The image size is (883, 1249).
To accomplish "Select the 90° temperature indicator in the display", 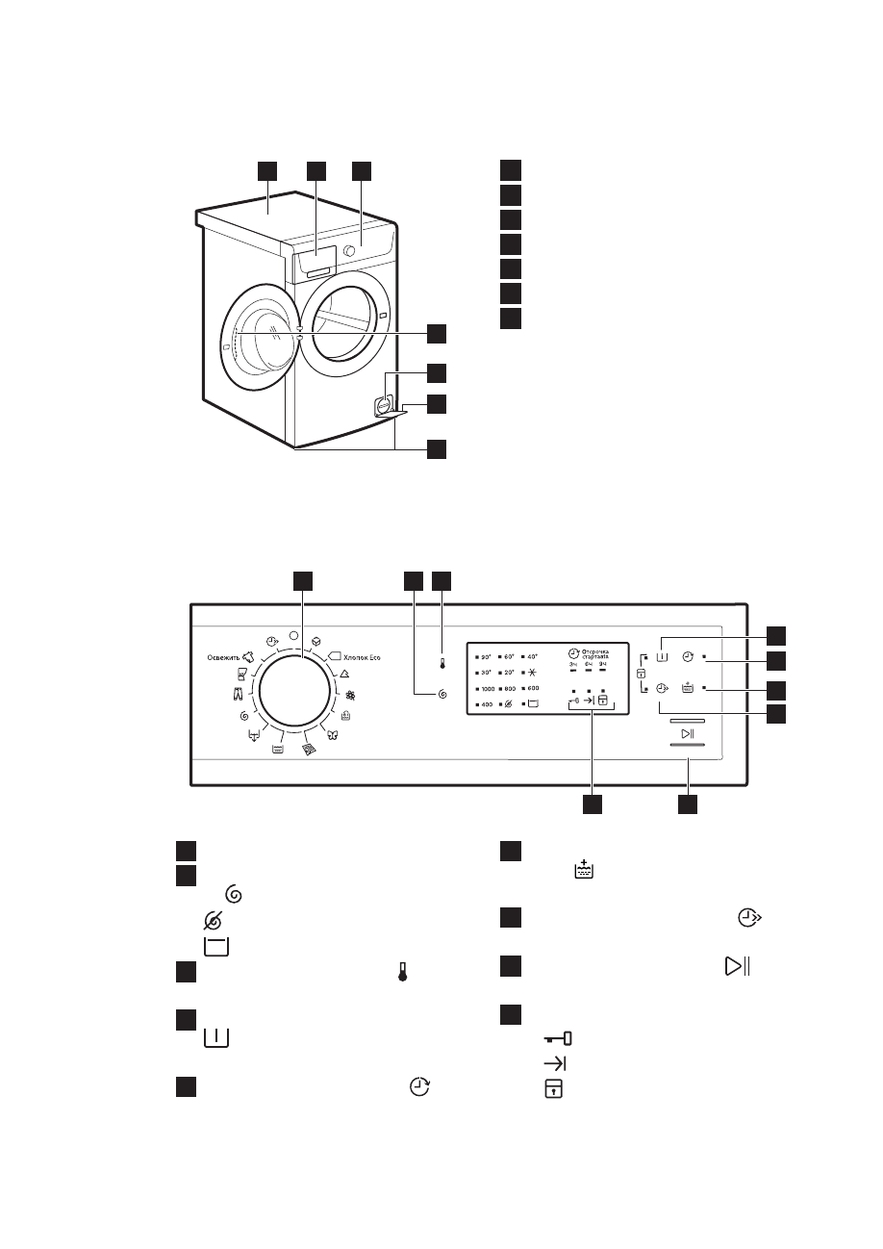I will (x=487, y=656).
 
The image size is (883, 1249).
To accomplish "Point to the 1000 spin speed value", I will (x=488, y=689).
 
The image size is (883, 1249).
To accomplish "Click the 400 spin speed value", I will (x=487, y=705).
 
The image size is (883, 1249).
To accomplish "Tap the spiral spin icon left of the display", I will (x=441, y=693).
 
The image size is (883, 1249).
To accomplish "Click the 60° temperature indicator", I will (x=510, y=656).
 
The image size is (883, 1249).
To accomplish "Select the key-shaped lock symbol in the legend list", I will (x=558, y=1039).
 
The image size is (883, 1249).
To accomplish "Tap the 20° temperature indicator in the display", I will (x=510, y=673).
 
